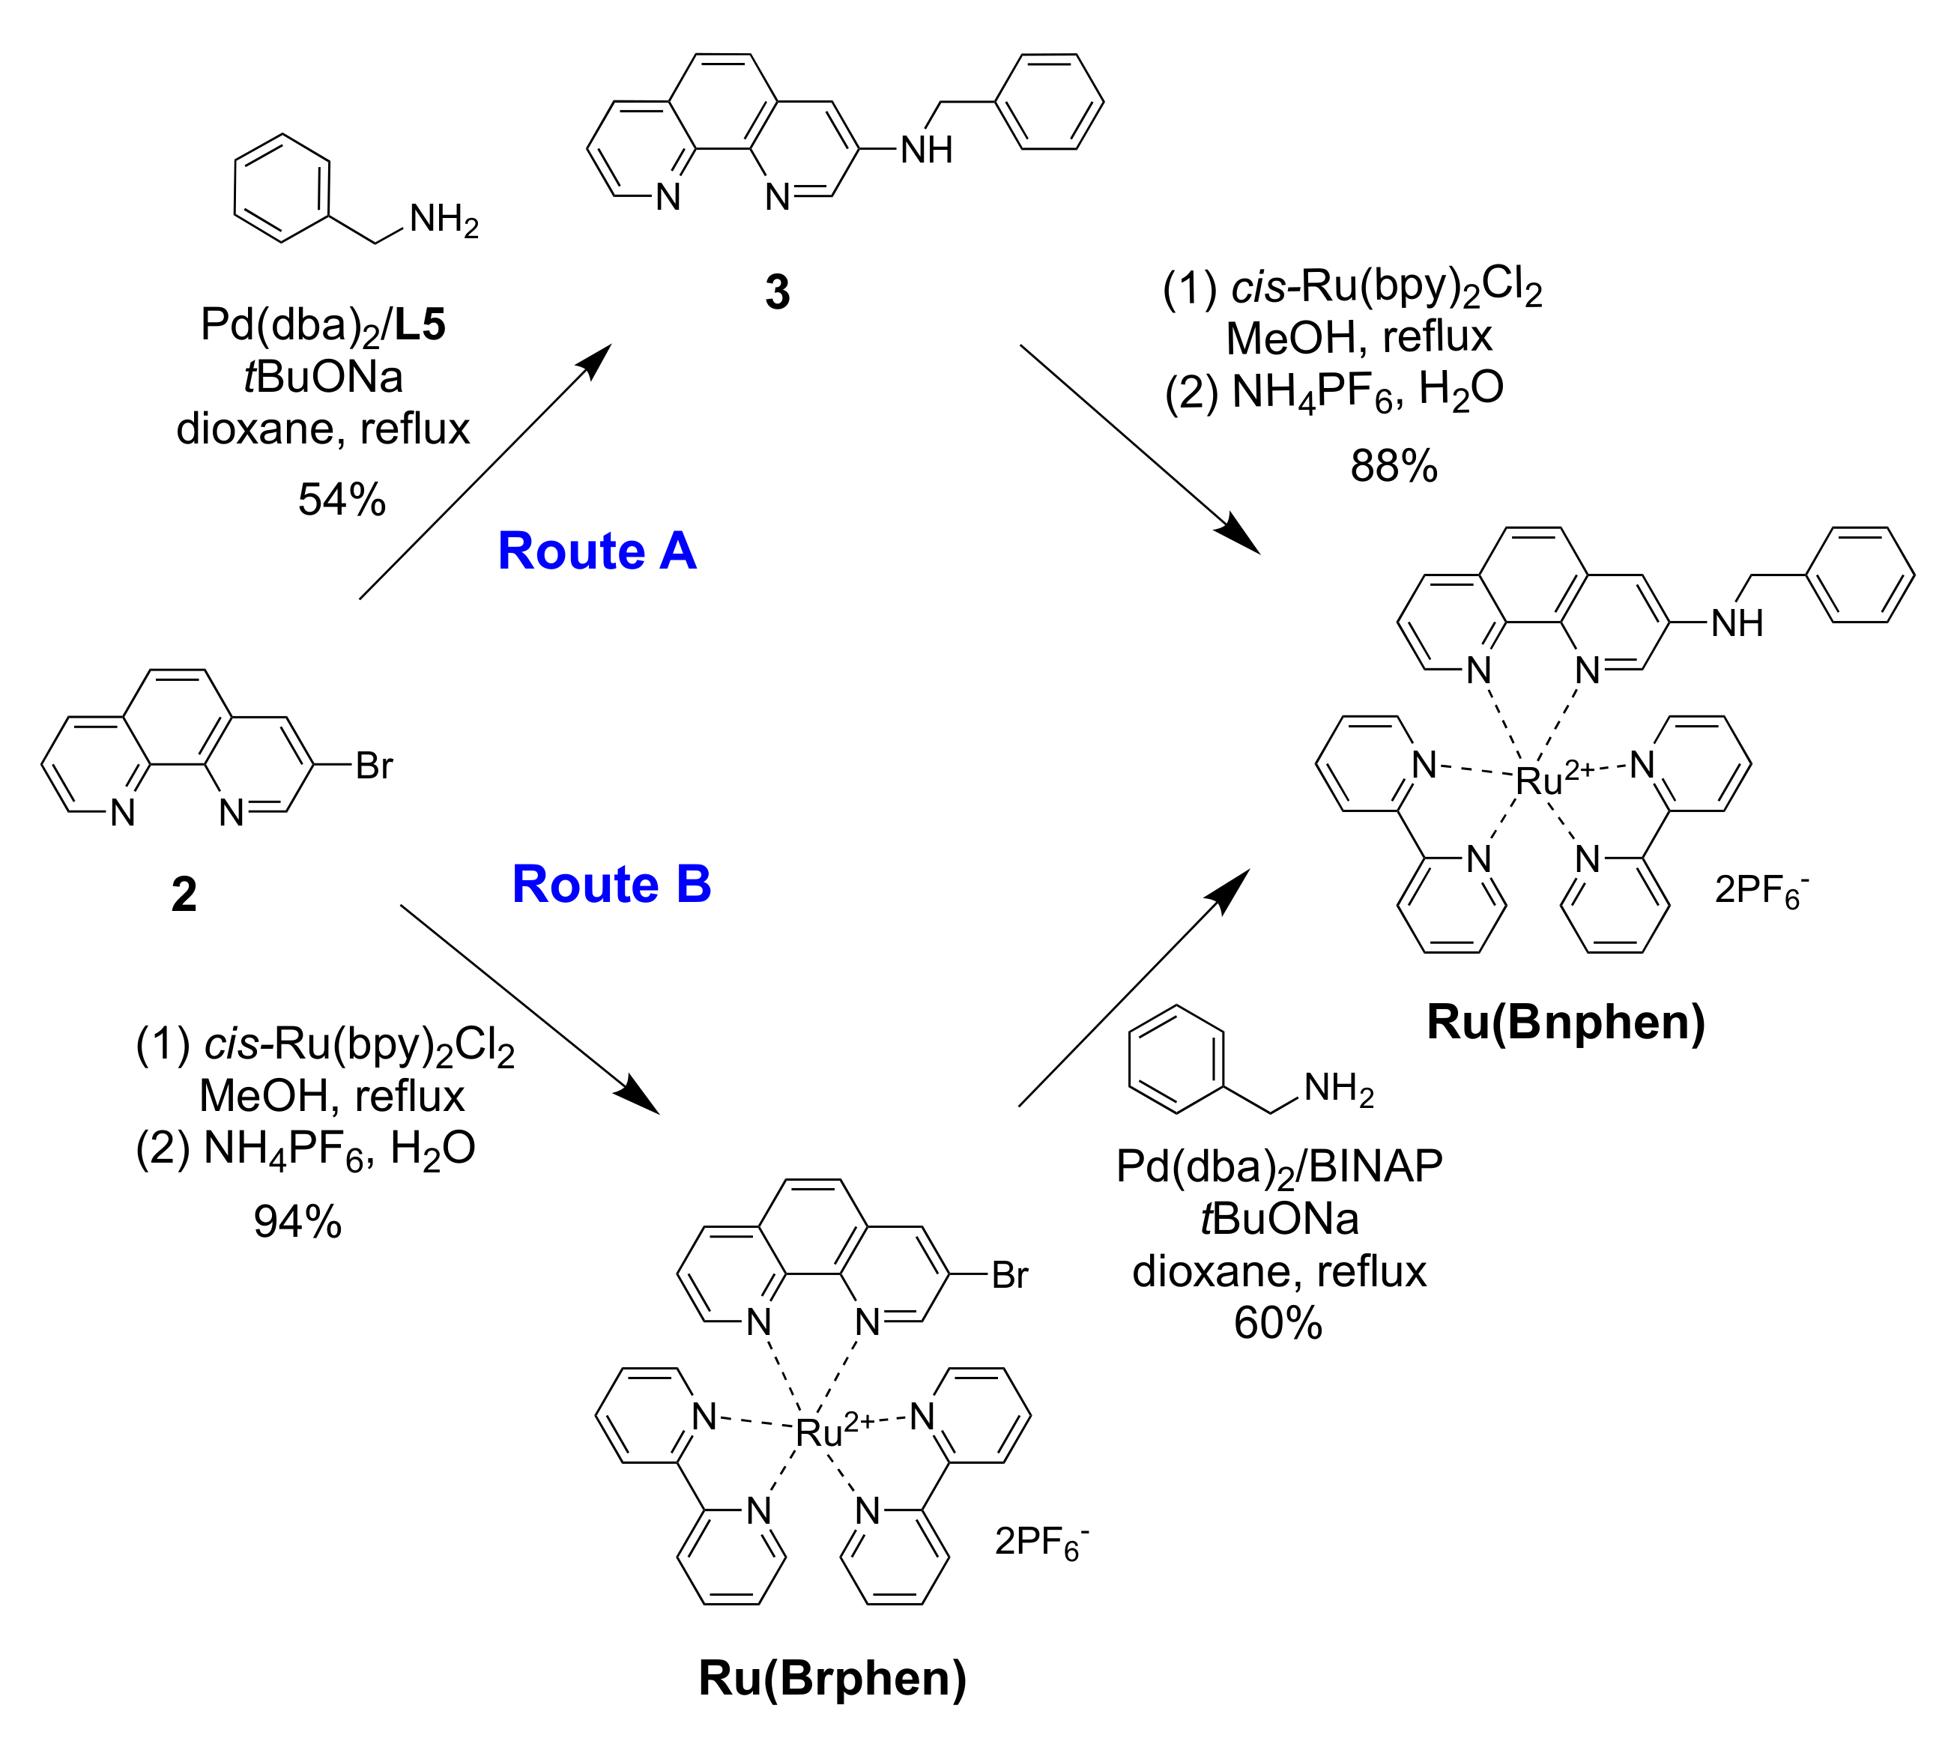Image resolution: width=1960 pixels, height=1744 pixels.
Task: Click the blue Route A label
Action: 596,551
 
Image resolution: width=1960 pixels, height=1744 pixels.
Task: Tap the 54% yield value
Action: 342,500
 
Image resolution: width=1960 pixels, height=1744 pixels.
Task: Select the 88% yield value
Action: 1394,466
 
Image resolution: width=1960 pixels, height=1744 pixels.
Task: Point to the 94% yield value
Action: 297,1221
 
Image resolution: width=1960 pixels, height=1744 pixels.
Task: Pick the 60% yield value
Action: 1277,1323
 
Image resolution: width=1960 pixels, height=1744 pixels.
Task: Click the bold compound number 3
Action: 777,291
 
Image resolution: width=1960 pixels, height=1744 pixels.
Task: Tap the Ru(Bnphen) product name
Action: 1566,1022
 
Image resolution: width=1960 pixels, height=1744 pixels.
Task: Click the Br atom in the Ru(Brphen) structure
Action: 1010,1275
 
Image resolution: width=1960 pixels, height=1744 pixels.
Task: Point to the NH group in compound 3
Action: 926,150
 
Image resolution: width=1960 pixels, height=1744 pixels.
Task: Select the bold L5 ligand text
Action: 420,325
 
